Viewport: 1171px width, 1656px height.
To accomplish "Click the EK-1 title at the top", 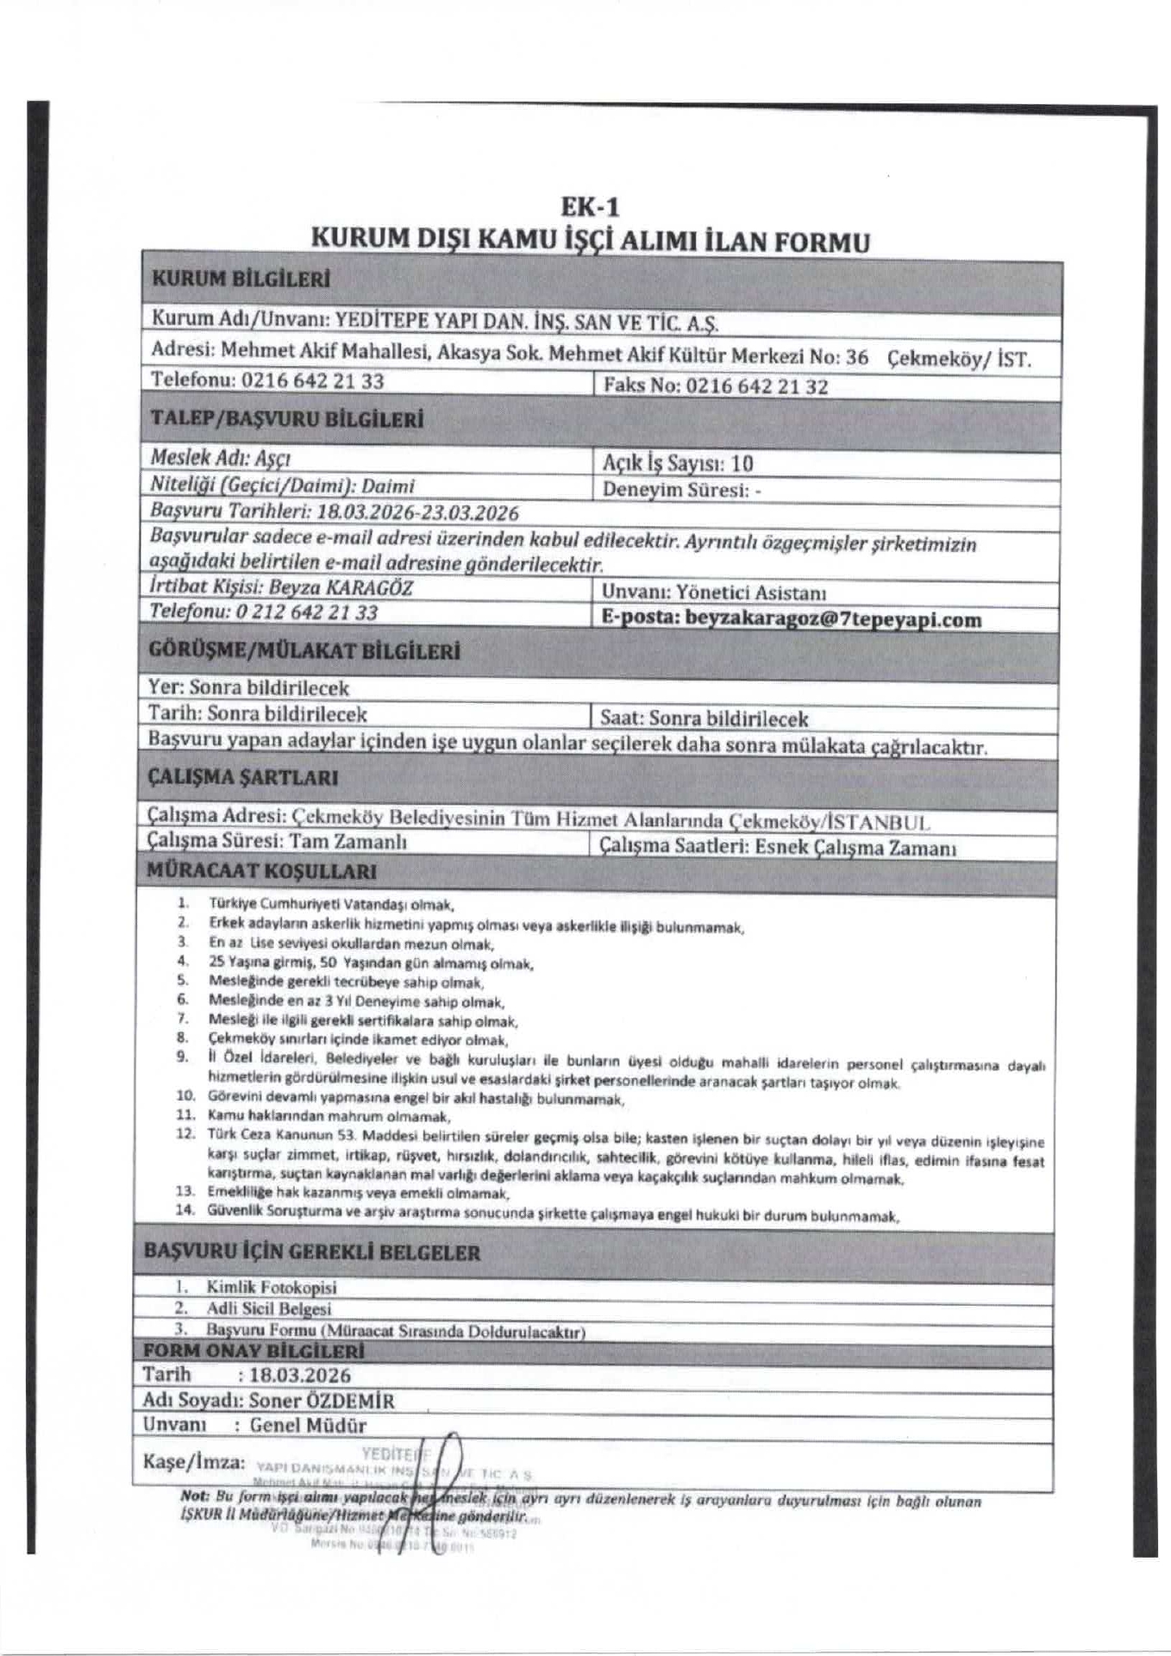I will click(x=590, y=207).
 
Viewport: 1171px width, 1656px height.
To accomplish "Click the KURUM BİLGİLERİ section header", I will click(x=241, y=279).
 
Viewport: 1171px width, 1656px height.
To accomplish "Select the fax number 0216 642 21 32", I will click(x=756, y=386).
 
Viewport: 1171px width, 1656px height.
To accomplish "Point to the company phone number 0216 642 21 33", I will click(x=312, y=380).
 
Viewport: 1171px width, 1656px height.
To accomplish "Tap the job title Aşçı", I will click(x=272, y=458).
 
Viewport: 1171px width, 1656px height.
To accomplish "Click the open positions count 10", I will click(x=742, y=463).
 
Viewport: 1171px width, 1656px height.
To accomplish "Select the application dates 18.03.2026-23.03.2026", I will click(x=417, y=512).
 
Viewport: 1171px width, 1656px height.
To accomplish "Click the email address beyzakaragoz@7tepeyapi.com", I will click(x=833, y=619).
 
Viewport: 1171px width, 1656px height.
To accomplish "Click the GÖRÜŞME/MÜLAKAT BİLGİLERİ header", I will click(x=304, y=651).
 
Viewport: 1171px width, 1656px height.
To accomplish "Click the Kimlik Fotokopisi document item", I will click(x=271, y=1288).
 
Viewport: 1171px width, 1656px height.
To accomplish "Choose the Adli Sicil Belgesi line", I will click(x=268, y=1309).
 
